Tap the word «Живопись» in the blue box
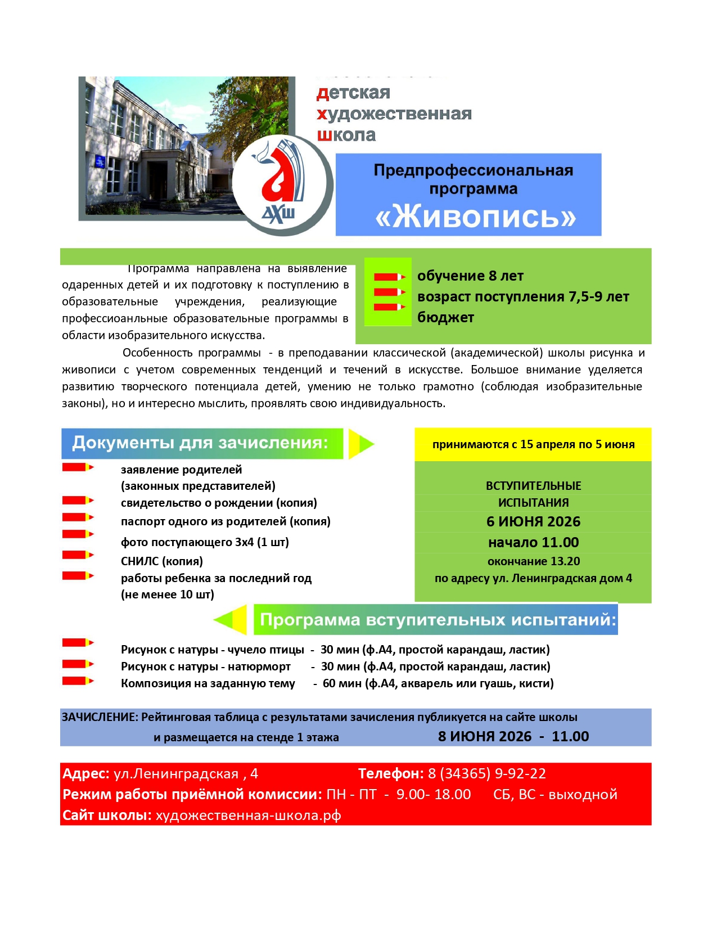point(476,217)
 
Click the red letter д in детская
point(322,93)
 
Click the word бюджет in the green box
point(445,318)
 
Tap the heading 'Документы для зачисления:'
point(200,443)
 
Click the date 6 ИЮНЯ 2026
point(533,522)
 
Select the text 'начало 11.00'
point(533,543)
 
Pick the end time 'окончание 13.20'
point(533,561)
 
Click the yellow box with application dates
point(533,444)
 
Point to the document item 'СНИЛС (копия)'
point(162,561)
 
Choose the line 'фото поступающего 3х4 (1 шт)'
point(205,543)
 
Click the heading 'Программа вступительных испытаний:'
point(438,620)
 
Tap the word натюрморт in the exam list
point(260,666)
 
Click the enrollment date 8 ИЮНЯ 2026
point(485,737)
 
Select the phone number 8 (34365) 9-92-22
point(487,774)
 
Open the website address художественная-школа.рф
point(248,816)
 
